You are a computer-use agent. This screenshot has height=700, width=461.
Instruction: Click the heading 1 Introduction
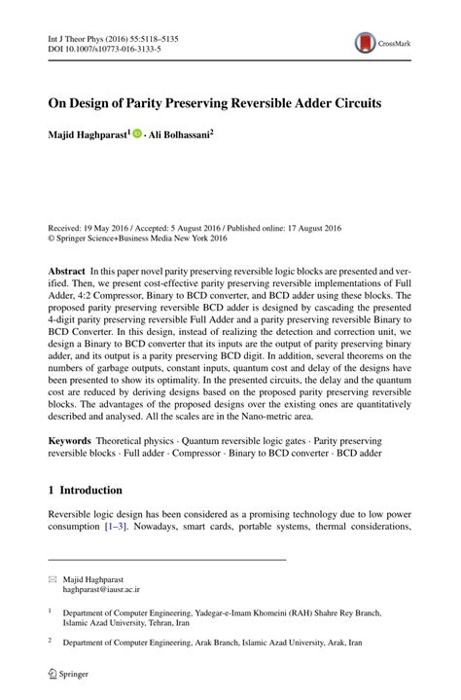tap(86, 490)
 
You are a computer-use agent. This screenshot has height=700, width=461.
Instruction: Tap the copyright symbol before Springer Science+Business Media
tap(52, 236)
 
